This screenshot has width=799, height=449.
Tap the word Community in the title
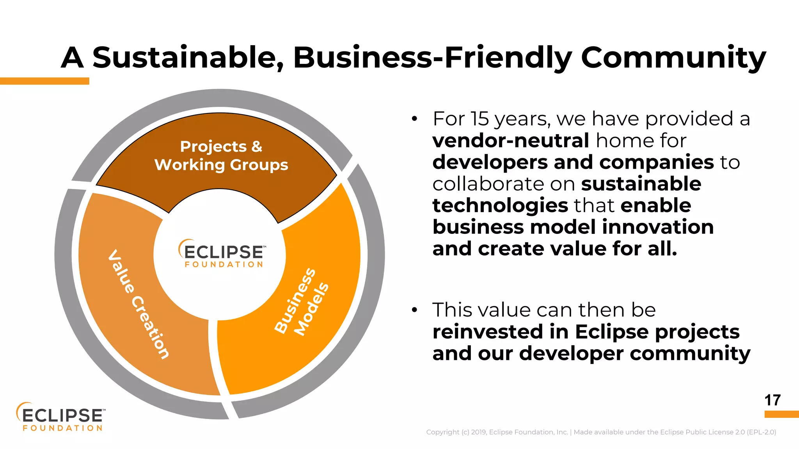673,58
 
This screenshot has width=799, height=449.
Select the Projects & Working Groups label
221,156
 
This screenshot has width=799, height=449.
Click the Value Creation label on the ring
139,304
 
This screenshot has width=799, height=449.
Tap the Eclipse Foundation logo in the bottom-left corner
61,417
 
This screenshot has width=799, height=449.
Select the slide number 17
772,400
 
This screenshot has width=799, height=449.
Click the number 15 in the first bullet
479,119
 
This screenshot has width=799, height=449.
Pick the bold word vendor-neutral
510,140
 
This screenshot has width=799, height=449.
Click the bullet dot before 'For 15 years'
414,119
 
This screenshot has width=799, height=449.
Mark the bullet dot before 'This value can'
414,310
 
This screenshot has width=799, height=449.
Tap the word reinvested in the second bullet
488,332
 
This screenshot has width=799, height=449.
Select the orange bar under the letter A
44,81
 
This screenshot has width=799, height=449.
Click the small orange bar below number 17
781,414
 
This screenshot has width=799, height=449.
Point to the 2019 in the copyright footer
479,432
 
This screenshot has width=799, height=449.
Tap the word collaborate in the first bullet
484,184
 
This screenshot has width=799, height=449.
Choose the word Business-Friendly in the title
432,58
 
